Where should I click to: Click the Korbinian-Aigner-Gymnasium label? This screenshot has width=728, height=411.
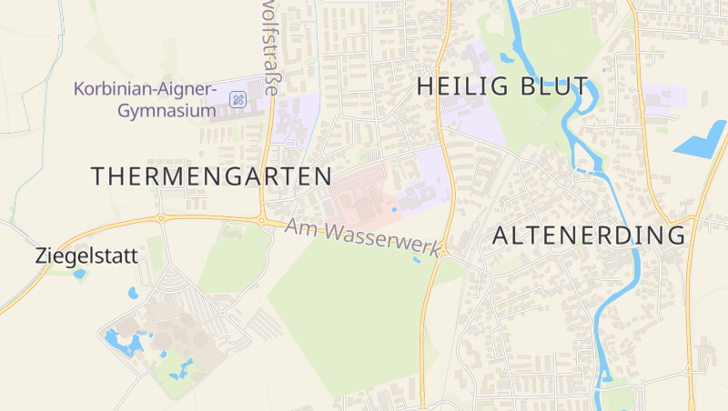[x=146, y=101]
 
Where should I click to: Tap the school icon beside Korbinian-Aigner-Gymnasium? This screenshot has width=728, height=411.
[x=238, y=99]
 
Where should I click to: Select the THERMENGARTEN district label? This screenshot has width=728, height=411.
[x=210, y=175]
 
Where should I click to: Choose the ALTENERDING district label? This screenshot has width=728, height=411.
[x=589, y=236]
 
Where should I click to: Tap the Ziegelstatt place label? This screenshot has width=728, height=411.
[x=86, y=256]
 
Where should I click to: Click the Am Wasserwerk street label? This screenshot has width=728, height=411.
[x=363, y=236]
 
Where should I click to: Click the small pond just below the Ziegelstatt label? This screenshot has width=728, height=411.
[x=79, y=273]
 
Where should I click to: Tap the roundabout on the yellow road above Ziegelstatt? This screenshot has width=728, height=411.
[x=162, y=218]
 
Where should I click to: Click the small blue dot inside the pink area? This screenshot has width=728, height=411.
[x=394, y=210]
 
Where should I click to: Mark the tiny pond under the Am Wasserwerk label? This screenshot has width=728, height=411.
[x=417, y=261]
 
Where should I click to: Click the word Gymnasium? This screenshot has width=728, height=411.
[x=167, y=112]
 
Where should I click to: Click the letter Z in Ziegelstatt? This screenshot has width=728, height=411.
[x=42, y=256]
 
